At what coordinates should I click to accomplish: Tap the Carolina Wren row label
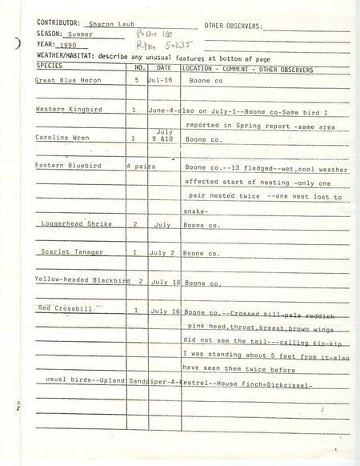[x=62, y=138]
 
